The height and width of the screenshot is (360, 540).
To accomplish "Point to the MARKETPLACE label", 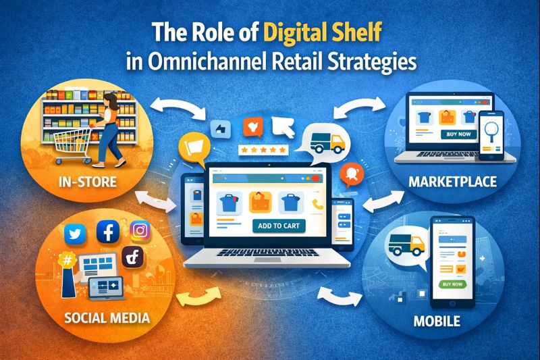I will [x=454, y=181].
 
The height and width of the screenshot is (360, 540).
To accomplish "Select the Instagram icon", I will [x=139, y=231].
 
